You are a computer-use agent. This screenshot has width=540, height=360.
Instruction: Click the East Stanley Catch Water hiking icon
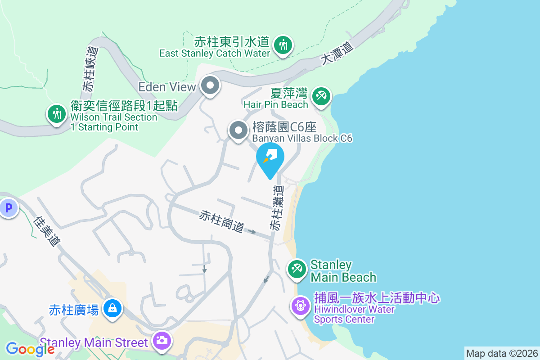pyautogui.click(x=283, y=45)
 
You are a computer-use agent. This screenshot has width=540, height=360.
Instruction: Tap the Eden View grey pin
pyautogui.click(x=210, y=85)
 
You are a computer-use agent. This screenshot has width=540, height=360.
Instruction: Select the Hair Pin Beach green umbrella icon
pyautogui.click(x=321, y=96)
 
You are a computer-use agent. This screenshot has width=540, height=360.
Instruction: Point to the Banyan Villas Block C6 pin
pyautogui.click(x=238, y=131)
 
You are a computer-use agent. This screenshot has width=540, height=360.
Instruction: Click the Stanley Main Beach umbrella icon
pyautogui.click(x=297, y=270)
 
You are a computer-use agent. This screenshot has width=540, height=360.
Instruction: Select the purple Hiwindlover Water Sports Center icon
pyautogui.click(x=300, y=306)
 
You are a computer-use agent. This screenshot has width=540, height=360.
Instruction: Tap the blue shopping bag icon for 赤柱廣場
pyautogui.click(x=111, y=308)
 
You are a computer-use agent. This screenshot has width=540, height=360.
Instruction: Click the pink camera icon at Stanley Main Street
pyautogui.click(x=161, y=340)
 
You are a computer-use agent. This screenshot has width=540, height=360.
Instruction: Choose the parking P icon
pyautogui.click(x=8, y=208)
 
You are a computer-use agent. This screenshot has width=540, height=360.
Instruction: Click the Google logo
pyautogui.click(x=30, y=349)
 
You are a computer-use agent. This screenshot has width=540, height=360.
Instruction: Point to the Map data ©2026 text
pyautogui.click(x=501, y=353)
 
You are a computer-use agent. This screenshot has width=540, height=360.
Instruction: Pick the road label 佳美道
pyautogui.click(x=47, y=231)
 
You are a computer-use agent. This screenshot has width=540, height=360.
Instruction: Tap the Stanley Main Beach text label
pyautogui.click(x=343, y=270)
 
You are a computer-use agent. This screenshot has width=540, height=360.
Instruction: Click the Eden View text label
pyautogui.click(x=167, y=86)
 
